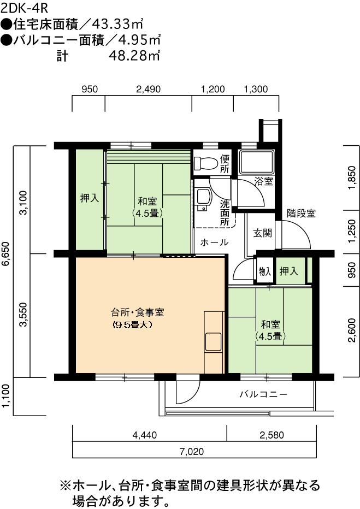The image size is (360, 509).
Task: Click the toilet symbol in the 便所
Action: [206, 164]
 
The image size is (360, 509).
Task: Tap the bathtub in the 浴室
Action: [256, 162]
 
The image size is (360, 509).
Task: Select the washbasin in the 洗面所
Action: [203, 199]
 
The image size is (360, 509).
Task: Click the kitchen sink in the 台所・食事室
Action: [213, 341]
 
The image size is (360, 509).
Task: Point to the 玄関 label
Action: [262, 233]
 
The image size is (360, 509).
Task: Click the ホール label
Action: [214, 242]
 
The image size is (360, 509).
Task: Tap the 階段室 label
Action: [301, 214]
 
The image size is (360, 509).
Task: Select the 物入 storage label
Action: [265, 271]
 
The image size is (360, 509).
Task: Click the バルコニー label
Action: [263, 394]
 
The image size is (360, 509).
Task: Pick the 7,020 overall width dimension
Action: [192, 452]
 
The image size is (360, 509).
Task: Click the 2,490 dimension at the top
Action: [149, 89]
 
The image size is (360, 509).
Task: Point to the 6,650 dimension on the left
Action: [7, 253]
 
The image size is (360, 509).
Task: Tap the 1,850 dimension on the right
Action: [352, 177]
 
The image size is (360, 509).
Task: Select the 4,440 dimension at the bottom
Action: [145, 435]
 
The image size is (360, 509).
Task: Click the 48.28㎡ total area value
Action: [134, 56]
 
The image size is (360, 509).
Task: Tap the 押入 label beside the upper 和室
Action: [90, 198]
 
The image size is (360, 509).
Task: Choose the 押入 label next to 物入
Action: [288, 271]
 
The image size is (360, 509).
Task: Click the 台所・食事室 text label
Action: [138, 312]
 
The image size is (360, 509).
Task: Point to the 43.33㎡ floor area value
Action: [117, 24]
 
